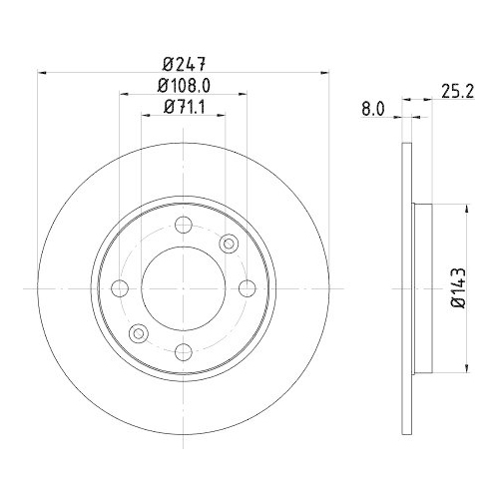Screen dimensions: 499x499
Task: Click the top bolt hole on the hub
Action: (x=183, y=227)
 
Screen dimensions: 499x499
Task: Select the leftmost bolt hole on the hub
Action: (x=121, y=288)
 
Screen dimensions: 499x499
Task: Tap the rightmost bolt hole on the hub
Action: (x=246, y=288)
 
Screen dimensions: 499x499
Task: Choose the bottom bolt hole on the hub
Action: (x=183, y=350)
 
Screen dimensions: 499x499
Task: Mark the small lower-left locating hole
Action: (x=139, y=333)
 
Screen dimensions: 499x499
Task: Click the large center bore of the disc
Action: (x=183, y=288)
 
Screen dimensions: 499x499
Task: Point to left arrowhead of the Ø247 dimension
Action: (x=42, y=72)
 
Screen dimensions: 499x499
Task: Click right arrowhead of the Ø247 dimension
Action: (x=324, y=72)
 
